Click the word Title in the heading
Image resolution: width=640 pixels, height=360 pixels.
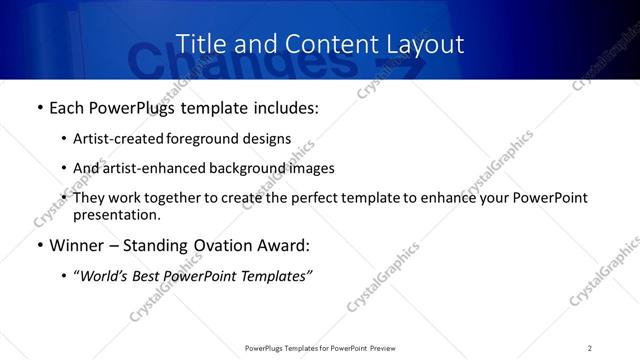[199, 44]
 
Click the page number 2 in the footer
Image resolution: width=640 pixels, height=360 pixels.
[589, 348]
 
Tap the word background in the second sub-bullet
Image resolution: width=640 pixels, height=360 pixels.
[244, 168]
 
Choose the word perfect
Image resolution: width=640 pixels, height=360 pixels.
[305, 198]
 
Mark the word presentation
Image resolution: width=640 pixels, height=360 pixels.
[115, 215]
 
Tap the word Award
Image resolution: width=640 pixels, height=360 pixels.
[283, 245]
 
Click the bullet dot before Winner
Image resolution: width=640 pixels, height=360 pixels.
[39, 246]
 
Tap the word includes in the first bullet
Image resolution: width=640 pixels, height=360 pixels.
[281, 108]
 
